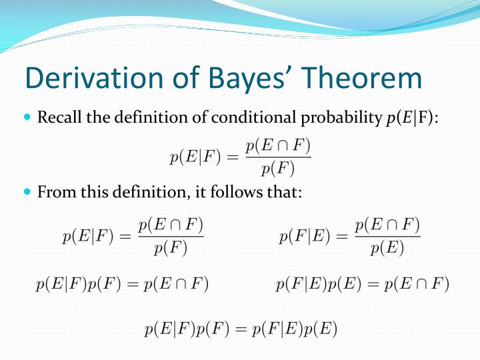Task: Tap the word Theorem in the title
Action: pos(364,79)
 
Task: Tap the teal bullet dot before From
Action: pos(27,192)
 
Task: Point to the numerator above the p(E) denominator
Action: pos(387,225)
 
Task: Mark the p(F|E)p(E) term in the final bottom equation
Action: pos(294,328)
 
